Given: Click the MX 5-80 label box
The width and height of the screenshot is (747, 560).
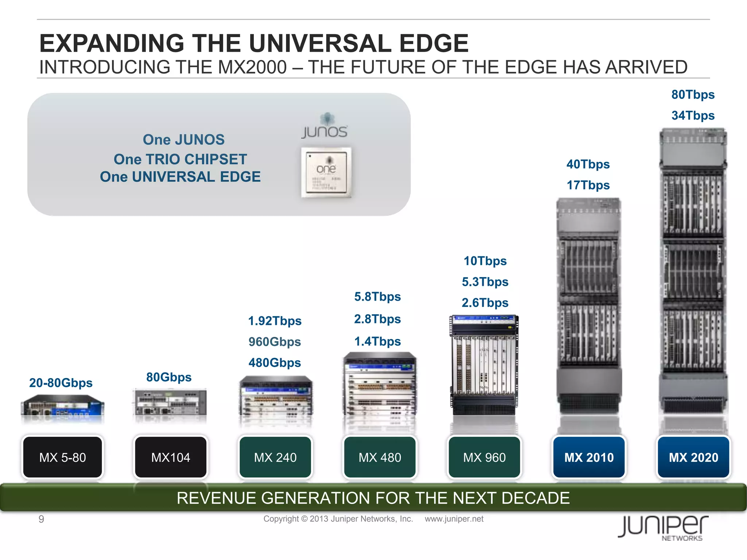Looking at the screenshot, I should pyautogui.click(x=62, y=457).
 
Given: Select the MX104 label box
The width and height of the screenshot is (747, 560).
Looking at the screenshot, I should pyautogui.click(x=171, y=457).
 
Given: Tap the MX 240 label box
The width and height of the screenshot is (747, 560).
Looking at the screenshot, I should pyautogui.click(x=275, y=457).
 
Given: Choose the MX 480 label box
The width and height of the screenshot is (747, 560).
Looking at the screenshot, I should pyautogui.click(x=380, y=457).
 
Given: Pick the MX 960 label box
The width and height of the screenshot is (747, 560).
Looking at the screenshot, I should pyautogui.click(x=484, y=457).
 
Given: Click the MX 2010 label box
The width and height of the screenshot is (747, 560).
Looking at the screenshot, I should pyautogui.click(x=589, y=457).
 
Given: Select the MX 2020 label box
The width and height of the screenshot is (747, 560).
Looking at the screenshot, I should pyautogui.click(x=693, y=457).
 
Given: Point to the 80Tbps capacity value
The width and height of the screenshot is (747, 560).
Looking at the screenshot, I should pyautogui.click(x=693, y=95).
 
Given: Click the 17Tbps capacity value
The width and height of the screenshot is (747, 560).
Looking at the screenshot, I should pyautogui.click(x=588, y=185).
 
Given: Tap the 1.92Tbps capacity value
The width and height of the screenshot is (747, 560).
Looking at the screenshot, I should pyautogui.click(x=275, y=321).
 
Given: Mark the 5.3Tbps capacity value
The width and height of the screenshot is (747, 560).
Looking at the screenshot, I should pyautogui.click(x=485, y=282).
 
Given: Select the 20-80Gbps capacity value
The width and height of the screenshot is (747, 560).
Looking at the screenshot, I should pyautogui.click(x=61, y=383).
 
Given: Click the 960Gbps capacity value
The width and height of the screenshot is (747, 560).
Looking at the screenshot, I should pyautogui.click(x=275, y=342).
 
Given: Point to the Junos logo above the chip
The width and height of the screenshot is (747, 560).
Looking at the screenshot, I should pyautogui.click(x=325, y=126).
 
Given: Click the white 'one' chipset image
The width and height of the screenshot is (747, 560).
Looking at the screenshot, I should pyautogui.click(x=326, y=172).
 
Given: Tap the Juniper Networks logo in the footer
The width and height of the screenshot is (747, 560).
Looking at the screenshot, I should pyautogui.click(x=663, y=528).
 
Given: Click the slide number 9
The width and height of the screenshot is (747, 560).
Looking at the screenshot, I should pyautogui.click(x=41, y=519).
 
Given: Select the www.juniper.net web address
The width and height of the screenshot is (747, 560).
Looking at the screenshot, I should pyautogui.click(x=454, y=519).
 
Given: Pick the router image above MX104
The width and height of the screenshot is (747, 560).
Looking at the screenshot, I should pyautogui.click(x=170, y=402).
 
